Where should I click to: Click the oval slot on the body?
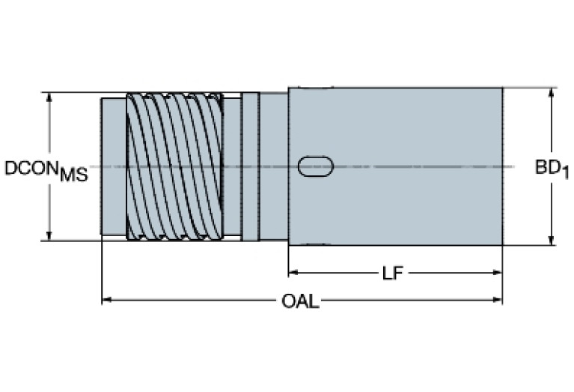[x=315, y=166]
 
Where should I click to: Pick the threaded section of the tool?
[x=175, y=166]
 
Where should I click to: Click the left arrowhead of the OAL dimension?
[x=106, y=301]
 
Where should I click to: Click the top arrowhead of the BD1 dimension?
[x=552, y=92]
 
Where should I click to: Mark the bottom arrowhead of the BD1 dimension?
[x=552, y=241]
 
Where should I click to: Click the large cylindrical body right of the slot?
[x=419, y=166]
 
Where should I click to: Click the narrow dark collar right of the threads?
[x=250, y=166]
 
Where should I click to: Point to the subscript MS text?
[x=73, y=176]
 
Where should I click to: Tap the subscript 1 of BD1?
[x=565, y=174]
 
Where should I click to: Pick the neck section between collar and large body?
[x=273, y=166]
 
